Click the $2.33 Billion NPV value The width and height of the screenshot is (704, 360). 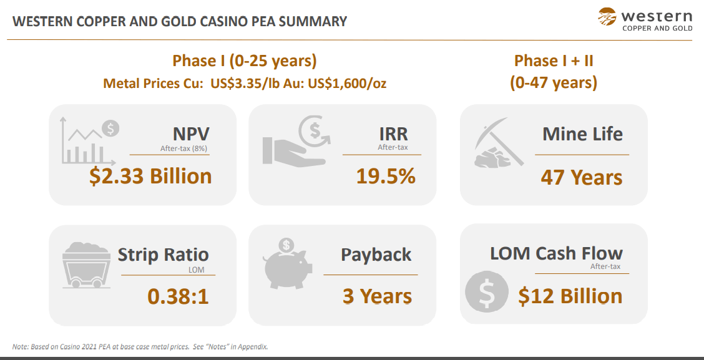[x=150, y=176]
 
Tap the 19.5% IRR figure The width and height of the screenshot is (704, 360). [x=386, y=176]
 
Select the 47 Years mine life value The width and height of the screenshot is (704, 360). [x=582, y=177]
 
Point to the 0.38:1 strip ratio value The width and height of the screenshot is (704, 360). [x=178, y=296]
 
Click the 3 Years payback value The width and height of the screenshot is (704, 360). [x=377, y=296]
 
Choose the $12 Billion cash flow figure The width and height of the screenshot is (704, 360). [x=570, y=296]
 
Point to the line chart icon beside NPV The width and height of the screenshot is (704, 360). [x=89, y=142]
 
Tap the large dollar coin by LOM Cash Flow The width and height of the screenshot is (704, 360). [x=487, y=291]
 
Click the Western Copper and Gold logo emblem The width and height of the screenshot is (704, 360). [x=607, y=17]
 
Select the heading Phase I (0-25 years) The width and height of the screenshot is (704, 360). [x=245, y=61]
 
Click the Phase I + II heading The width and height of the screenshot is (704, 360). [x=554, y=61]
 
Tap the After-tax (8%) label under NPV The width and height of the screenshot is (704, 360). [x=183, y=148]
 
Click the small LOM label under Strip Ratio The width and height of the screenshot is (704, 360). [x=196, y=270]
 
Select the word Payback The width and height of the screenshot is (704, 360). [x=376, y=255]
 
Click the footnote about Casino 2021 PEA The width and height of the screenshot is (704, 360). [x=140, y=346]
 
